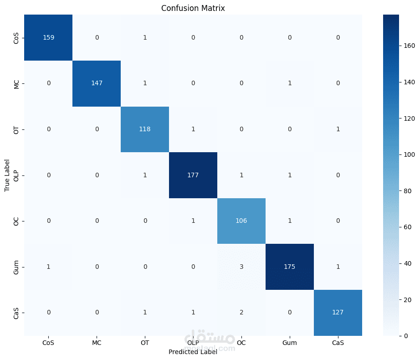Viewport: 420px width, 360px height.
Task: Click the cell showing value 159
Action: pyautogui.click(x=48, y=37)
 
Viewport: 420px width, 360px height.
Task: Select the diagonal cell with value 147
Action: pyautogui.click(x=97, y=83)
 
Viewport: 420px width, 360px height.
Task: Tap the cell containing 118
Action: pyautogui.click(x=145, y=129)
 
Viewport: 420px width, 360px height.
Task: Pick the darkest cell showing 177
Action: pyautogui.click(x=193, y=175)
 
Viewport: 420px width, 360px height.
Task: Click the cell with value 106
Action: pyautogui.click(x=241, y=221)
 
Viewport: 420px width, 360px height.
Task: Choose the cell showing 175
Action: pyautogui.click(x=290, y=267)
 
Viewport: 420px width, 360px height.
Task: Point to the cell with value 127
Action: pyautogui.click(x=338, y=312)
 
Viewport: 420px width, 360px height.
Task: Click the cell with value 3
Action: pyautogui.click(x=241, y=267)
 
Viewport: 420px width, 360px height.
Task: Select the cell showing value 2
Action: pyautogui.click(x=241, y=312)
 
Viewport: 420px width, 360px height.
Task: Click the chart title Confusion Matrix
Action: pyautogui.click(x=193, y=8)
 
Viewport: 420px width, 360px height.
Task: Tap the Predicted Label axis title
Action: pyautogui.click(x=193, y=352)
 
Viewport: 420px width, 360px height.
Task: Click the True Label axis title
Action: pyautogui.click(x=7, y=175)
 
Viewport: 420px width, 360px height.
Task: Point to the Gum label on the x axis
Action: pyautogui.click(x=290, y=343)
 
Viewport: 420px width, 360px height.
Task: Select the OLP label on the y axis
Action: pyautogui.click(x=17, y=175)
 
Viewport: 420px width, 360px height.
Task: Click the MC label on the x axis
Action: pyautogui.click(x=97, y=343)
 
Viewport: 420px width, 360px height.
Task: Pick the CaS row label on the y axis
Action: pyautogui.click(x=17, y=312)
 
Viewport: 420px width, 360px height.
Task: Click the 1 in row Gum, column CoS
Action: pyautogui.click(x=48, y=267)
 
